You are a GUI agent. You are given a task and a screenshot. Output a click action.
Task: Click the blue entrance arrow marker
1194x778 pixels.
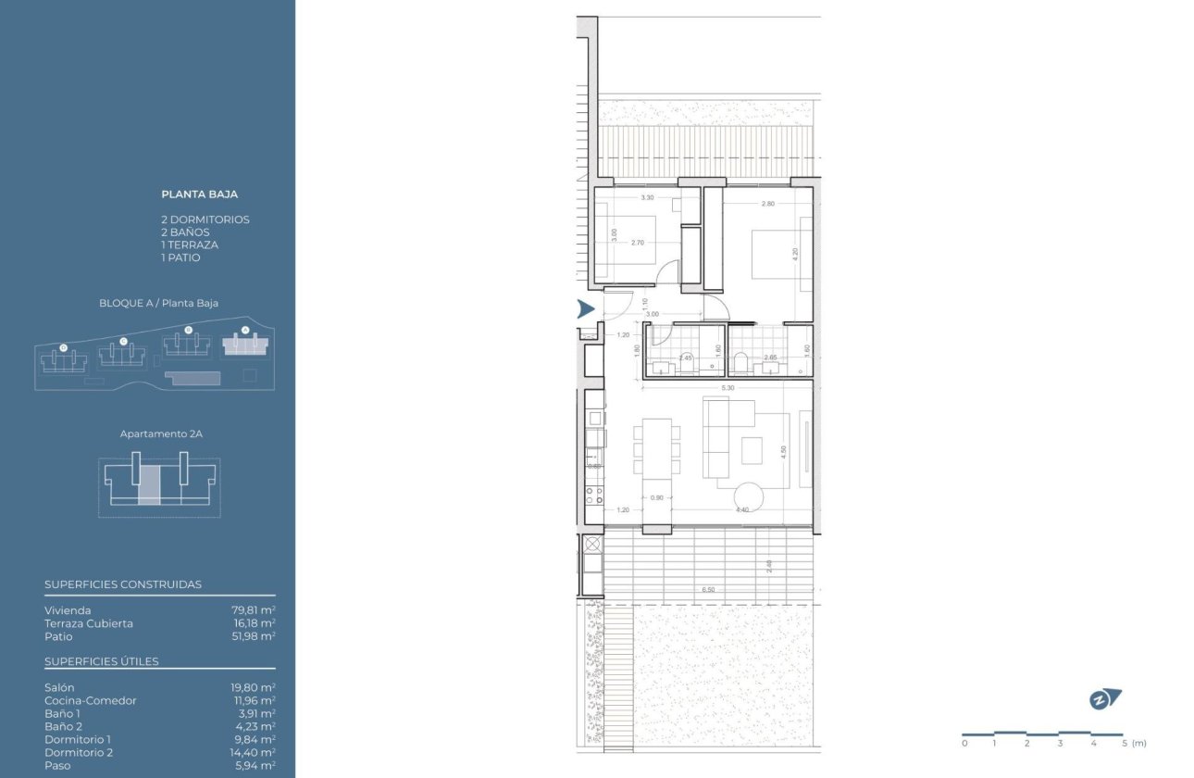(585, 309)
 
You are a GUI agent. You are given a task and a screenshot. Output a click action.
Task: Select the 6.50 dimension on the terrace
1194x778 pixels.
(708, 589)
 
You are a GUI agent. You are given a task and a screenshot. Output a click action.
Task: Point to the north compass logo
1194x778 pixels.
(1104, 700)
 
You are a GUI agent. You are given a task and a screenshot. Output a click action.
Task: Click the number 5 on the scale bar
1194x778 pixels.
(1125, 743)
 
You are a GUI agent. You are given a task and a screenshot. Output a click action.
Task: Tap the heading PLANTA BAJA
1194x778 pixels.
(199, 194)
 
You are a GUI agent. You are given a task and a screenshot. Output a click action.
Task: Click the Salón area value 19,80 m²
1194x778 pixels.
(254, 687)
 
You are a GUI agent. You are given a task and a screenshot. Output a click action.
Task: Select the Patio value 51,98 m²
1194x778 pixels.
(254, 636)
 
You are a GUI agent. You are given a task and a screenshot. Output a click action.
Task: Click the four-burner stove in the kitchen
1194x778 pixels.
(594, 496)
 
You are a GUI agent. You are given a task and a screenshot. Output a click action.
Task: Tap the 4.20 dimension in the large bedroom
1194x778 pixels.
(795, 252)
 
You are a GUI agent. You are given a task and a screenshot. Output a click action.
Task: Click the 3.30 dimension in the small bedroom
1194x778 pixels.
(647, 197)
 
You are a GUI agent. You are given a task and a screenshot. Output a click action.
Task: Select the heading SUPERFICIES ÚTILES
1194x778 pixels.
(102, 661)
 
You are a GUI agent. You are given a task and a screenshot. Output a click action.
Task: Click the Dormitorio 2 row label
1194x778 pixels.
(78, 752)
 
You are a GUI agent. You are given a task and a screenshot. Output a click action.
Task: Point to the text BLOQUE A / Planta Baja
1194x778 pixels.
(158, 303)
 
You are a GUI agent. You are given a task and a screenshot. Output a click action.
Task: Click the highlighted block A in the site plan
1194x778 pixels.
(244, 345)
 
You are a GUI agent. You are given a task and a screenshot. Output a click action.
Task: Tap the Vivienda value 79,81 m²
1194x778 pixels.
(254, 610)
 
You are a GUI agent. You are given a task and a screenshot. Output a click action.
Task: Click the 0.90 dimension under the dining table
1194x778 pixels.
(656, 497)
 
